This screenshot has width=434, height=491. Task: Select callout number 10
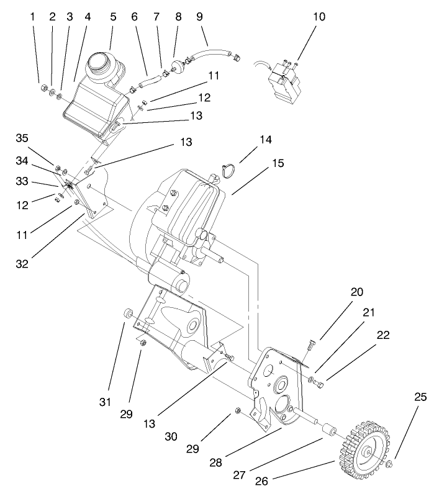pos(319,17)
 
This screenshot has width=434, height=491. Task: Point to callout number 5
pos(113,17)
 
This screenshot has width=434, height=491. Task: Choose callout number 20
pos(322,291)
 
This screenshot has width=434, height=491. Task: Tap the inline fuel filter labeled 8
pos(179,63)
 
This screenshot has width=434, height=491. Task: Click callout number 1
pos(33,17)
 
